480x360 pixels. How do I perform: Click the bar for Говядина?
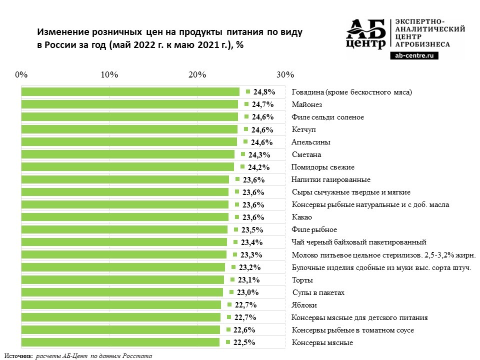coord(130,92)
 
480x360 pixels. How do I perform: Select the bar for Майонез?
coord(129,104)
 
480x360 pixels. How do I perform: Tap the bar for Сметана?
coord(127,154)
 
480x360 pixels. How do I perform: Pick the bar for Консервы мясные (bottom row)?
coord(120,342)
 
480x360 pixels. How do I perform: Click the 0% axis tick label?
coord(21,75)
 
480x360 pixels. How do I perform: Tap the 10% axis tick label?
coord(109,75)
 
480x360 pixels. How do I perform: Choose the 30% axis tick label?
coord(285,75)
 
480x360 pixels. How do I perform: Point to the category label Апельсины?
coord(310,142)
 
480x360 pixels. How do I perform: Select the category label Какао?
coord(301,217)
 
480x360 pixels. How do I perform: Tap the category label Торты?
coord(302,280)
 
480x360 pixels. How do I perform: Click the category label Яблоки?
coord(304,305)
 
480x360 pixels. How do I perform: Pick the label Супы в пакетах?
coord(318,292)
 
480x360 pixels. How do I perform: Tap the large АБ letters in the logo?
coord(366,29)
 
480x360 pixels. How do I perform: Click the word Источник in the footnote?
coord(18,355)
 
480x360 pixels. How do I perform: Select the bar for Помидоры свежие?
coord(127,167)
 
